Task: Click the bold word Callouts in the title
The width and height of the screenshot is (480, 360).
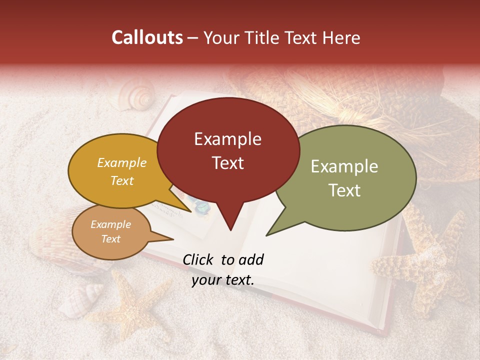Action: [x=147, y=37]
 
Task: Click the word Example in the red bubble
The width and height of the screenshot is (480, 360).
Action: [x=228, y=139]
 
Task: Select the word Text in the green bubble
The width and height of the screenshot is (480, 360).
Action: [x=345, y=190]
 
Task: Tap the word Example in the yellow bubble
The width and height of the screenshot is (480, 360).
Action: [x=122, y=162]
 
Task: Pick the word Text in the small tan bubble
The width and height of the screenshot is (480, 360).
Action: [x=111, y=239]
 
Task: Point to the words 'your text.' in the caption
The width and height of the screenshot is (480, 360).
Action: [x=223, y=280]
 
